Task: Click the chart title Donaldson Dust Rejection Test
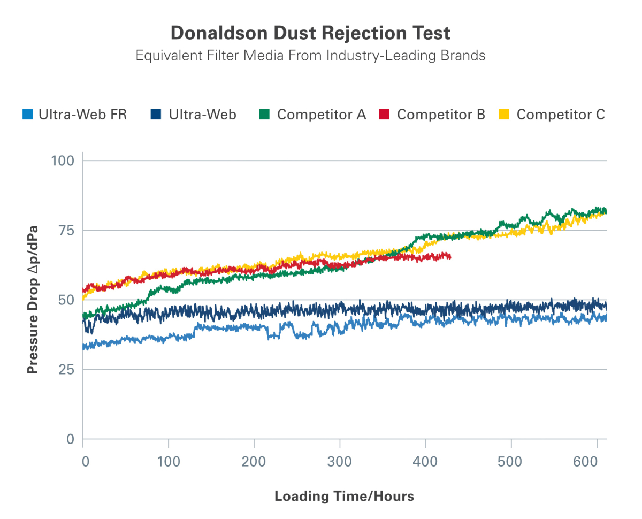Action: click(310, 33)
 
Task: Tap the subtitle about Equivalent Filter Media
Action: click(310, 56)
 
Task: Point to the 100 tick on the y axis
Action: click(63, 161)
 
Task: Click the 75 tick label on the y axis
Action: click(66, 231)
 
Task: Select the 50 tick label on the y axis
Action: click(66, 300)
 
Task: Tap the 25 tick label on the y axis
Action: click(66, 370)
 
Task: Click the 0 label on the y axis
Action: click(71, 439)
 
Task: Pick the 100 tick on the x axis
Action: click(169, 461)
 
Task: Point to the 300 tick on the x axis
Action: click(340, 461)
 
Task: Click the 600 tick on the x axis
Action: click(597, 461)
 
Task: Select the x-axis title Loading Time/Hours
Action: click(344, 497)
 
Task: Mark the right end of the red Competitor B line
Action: click(450, 257)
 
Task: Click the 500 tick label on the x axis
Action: click(511, 461)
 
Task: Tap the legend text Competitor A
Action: click(322, 115)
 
